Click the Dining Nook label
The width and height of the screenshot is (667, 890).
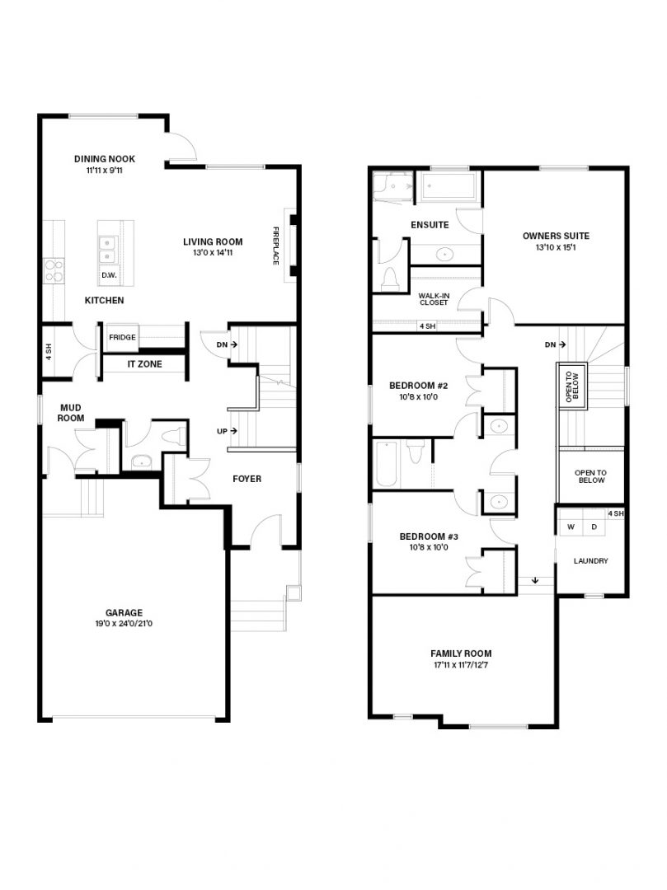104,159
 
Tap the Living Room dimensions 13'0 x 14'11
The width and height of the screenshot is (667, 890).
213,253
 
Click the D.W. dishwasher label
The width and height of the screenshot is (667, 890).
108,275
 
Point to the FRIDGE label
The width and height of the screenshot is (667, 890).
122,337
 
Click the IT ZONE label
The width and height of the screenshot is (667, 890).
143,363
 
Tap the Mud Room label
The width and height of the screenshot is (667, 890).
71,412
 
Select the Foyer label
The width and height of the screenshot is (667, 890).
247,479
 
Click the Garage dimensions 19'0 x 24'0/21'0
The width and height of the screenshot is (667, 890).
124,624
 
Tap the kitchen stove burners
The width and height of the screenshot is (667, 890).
54,270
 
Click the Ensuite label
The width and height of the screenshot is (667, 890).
430,224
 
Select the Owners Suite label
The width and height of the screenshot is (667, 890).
556,236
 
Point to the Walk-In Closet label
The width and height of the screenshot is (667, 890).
434,298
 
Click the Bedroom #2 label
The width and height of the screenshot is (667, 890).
417,385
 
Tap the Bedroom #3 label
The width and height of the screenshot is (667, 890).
417,536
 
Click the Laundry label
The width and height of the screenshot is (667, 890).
590,561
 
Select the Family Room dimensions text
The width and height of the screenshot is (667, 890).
460,664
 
